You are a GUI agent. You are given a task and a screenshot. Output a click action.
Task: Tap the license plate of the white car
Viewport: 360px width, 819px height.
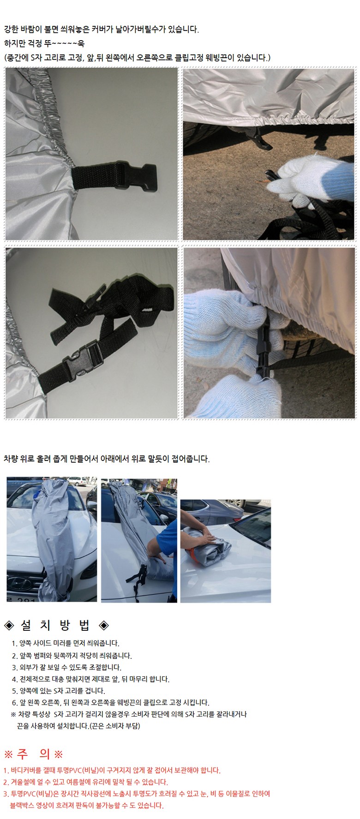coord(21,598)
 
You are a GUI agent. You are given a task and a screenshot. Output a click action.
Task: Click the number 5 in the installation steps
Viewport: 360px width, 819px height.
coord(13,691)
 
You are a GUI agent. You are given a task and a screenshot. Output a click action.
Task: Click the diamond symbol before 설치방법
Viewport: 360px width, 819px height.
coord(9,626)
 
